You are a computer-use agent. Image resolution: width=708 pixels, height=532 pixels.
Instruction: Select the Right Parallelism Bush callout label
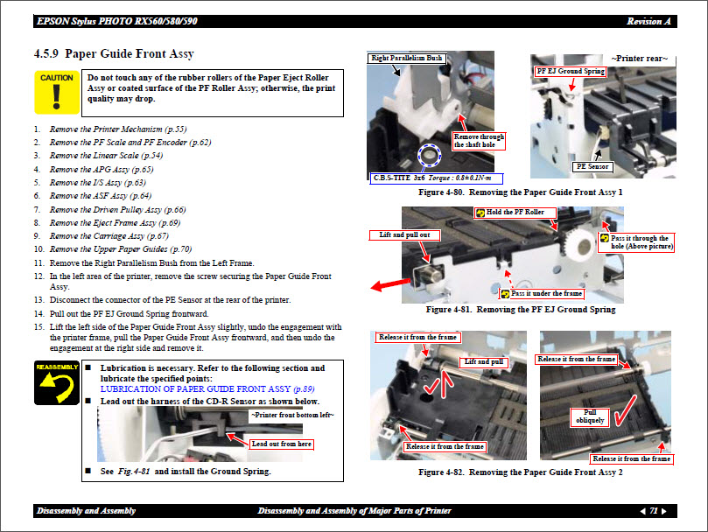click(x=407, y=59)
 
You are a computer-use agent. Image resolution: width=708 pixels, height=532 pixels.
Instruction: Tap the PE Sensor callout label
click(x=592, y=165)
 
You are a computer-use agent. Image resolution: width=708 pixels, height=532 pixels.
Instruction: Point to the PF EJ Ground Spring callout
click(x=571, y=71)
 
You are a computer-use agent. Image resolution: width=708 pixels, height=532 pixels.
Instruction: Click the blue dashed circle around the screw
click(x=430, y=157)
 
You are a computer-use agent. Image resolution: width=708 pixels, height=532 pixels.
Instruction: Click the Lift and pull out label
click(x=403, y=234)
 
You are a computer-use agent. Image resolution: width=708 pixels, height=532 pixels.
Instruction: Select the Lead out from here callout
click(x=280, y=444)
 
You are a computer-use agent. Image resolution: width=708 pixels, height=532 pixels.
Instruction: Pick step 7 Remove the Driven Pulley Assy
click(x=117, y=210)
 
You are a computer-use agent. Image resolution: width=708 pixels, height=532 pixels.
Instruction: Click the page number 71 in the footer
click(x=654, y=511)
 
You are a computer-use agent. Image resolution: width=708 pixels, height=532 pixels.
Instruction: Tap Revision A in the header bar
click(x=648, y=21)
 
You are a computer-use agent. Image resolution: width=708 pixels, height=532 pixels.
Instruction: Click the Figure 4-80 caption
click(x=521, y=191)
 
